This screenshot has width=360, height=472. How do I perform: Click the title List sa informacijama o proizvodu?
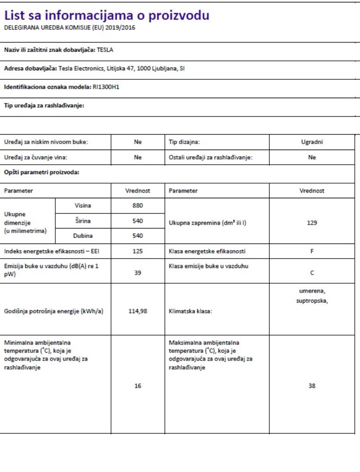(x=106, y=16)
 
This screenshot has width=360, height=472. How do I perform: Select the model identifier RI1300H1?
(x=106, y=87)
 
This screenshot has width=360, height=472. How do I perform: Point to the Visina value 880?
(x=137, y=205)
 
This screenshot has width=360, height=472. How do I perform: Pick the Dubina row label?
(x=83, y=236)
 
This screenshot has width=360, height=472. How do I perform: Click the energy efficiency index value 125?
(x=137, y=251)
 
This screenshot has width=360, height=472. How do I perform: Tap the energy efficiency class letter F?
(x=312, y=251)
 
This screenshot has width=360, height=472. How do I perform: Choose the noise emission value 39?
(x=137, y=273)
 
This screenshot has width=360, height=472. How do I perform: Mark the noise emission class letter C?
(x=312, y=273)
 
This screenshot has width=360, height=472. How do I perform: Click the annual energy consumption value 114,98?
(x=137, y=312)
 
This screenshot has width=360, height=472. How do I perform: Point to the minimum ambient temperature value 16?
(x=137, y=386)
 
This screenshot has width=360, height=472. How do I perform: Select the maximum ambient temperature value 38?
(x=312, y=386)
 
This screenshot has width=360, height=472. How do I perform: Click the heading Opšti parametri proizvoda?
(x=42, y=172)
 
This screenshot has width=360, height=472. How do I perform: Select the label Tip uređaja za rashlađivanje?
(x=44, y=105)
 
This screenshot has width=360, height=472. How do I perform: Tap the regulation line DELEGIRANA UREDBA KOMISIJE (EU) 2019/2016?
(x=69, y=27)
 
